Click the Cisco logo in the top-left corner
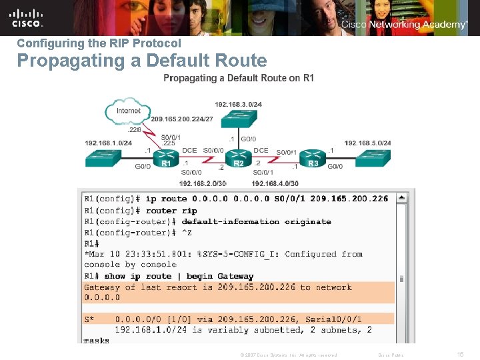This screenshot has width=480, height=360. tap(26, 17)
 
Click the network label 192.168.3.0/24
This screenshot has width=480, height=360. tap(238, 104)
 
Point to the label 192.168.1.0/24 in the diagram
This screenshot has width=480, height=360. tap(108, 143)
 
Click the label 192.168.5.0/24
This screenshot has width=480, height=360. tap(368, 143)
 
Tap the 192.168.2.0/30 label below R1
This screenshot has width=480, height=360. tap(203, 183)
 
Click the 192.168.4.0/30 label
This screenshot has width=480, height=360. tap(275, 183)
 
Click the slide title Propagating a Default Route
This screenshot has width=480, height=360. tap(141, 61)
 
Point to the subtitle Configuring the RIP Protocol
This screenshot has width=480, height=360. tap(99, 43)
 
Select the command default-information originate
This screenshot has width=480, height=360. tap(256, 221)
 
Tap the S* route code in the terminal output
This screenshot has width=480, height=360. tap(89, 319)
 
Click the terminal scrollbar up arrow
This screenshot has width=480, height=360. tap(401, 198)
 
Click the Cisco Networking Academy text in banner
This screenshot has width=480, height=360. tap(404, 25)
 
